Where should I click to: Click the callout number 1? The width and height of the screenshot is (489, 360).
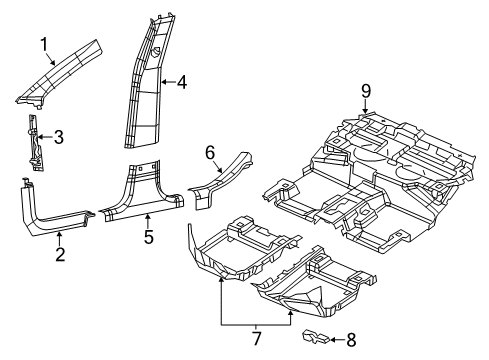(43, 43)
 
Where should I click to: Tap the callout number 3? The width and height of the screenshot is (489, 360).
(58, 136)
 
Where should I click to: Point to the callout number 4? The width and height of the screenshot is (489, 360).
(182, 85)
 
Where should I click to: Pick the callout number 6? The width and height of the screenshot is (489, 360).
(210, 152)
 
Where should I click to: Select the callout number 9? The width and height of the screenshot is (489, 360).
(366, 93)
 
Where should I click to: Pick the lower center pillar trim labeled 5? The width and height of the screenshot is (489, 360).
(145, 195)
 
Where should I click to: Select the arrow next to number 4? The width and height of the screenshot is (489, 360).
(168, 85)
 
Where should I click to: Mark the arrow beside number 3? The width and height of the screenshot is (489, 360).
(46, 136)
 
